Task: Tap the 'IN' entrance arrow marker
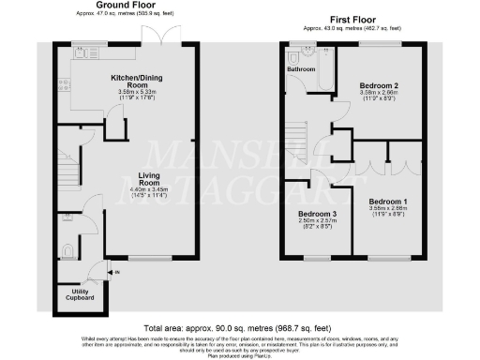[x=116, y=274]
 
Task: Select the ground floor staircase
[x=67, y=171]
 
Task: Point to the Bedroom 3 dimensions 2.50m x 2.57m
[x=318, y=223]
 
